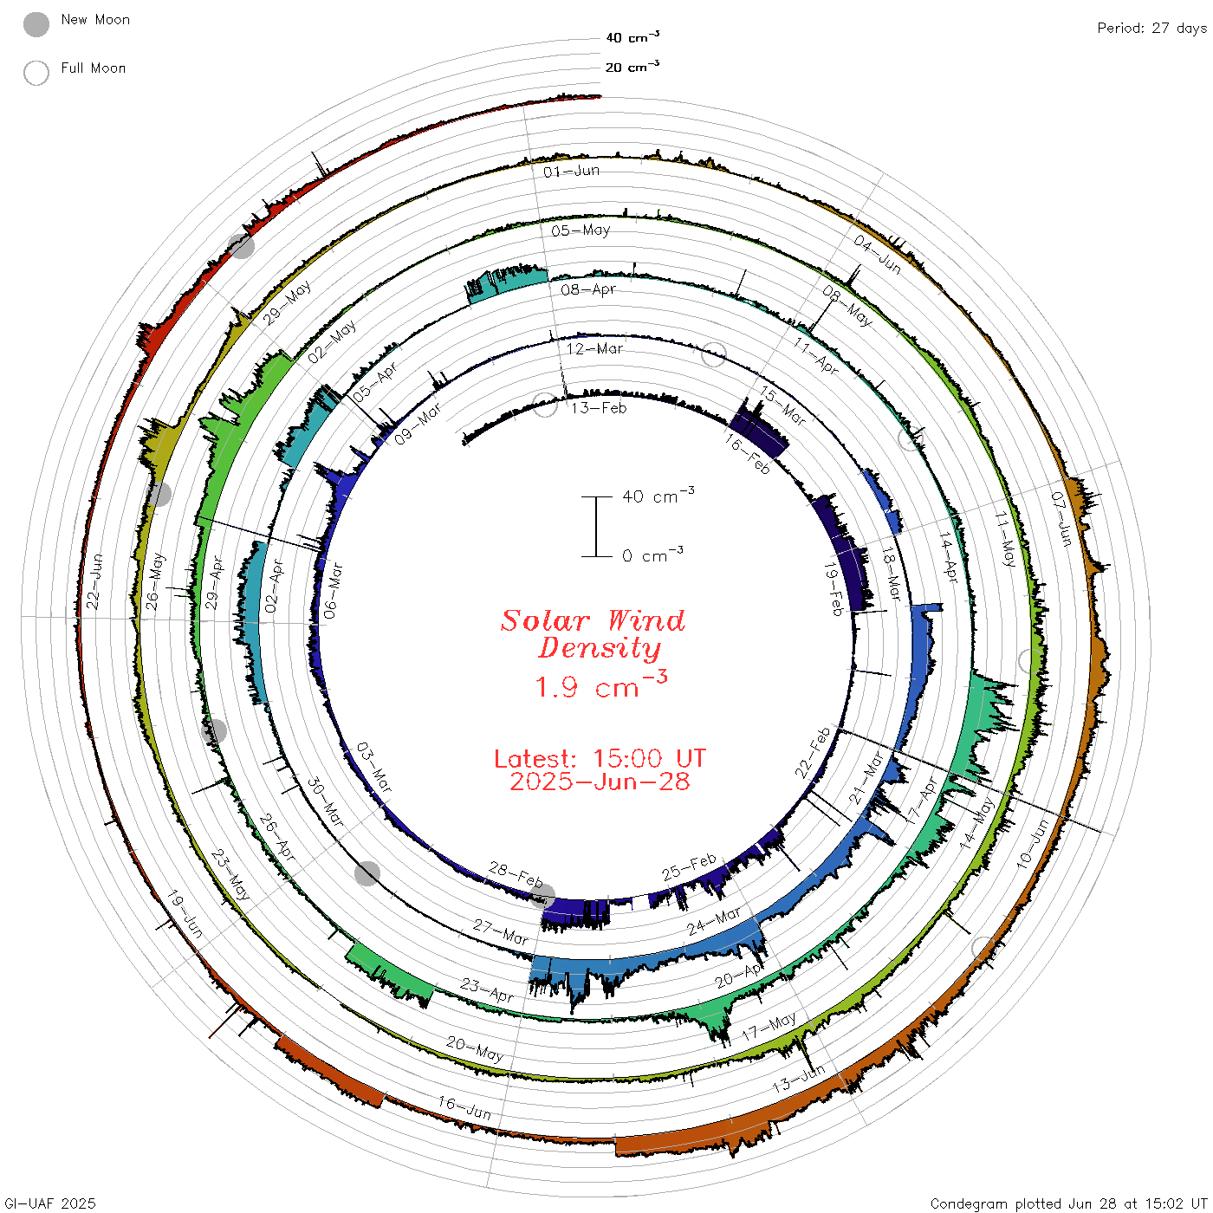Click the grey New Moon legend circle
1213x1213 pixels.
[36, 24]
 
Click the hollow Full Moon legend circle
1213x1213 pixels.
[36, 73]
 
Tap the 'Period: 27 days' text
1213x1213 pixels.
[1151, 29]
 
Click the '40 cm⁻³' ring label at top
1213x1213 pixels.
[632, 36]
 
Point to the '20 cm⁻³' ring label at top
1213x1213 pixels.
[632, 66]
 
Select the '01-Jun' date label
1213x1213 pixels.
[571, 172]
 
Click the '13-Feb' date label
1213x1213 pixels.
[599, 408]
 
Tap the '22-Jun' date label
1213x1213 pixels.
[94, 581]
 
